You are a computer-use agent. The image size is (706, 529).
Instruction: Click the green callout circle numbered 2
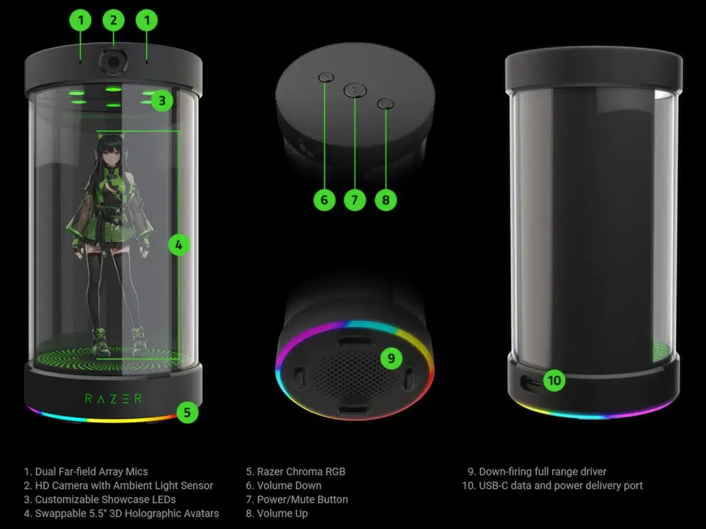click(114, 21)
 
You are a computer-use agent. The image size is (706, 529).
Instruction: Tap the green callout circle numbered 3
click(162, 101)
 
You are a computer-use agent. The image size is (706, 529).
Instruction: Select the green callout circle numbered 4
click(179, 245)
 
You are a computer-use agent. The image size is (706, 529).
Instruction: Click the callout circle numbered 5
click(187, 412)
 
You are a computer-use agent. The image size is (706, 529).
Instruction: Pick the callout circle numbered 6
click(324, 200)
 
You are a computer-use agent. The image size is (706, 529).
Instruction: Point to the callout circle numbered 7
click(355, 200)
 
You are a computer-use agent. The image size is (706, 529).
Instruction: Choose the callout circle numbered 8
click(386, 200)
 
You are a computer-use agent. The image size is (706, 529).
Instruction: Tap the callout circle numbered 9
click(391, 358)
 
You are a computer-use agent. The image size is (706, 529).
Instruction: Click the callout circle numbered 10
click(554, 380)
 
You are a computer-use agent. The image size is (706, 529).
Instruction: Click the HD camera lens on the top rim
click(113, 61)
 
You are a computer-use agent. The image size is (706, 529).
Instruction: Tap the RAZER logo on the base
click(114, 399)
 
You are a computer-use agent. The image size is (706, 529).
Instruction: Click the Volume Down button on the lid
click(326, 76)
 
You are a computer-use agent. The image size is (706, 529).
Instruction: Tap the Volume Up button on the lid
click(384, 103)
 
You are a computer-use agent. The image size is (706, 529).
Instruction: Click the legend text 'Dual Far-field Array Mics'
click(91, 471)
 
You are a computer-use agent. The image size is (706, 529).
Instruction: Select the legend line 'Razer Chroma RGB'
click(301, 471)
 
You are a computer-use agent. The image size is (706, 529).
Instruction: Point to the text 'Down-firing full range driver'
click(542, 471)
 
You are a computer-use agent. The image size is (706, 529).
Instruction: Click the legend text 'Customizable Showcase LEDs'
click(105, 500)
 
